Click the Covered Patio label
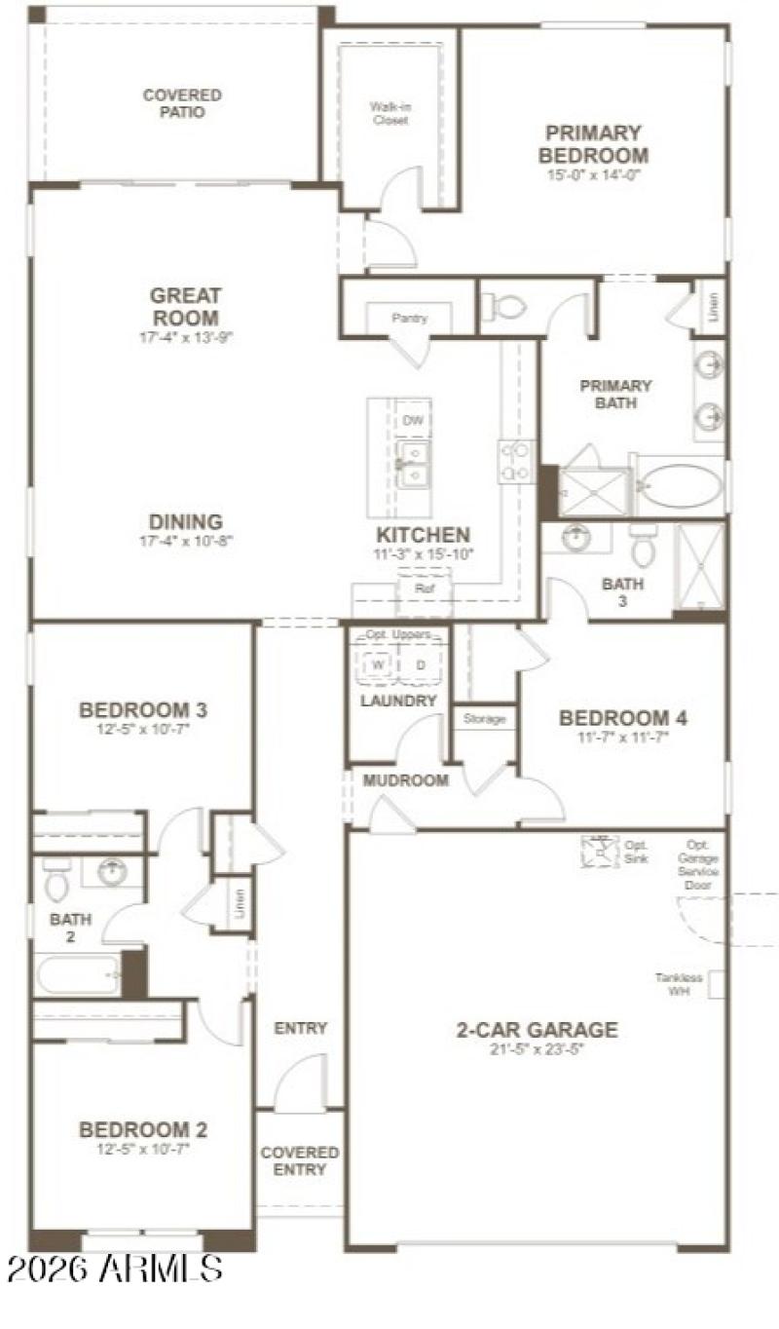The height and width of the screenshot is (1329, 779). (x=182, y=103)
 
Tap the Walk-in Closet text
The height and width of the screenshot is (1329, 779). (x=389, y=113)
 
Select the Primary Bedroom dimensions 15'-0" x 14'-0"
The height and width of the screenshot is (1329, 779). (x=594, y=175)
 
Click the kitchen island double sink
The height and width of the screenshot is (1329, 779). (x=412, y=464)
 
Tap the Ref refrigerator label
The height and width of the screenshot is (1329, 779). (x=424, y=589)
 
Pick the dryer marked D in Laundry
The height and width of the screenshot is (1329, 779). (x=421, y=665)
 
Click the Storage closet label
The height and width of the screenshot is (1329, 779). (x=484, y=719)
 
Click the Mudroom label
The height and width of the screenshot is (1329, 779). (x=406, y=780)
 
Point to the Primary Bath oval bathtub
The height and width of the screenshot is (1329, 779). (x=681, y=484)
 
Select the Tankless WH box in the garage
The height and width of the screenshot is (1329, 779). (x=717, y=984)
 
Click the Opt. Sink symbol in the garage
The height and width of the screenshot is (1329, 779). (x=600, y=851)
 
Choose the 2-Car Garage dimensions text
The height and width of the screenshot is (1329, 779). (x=537, y=1049)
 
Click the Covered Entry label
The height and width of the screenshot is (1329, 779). (x=300, y=1160)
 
